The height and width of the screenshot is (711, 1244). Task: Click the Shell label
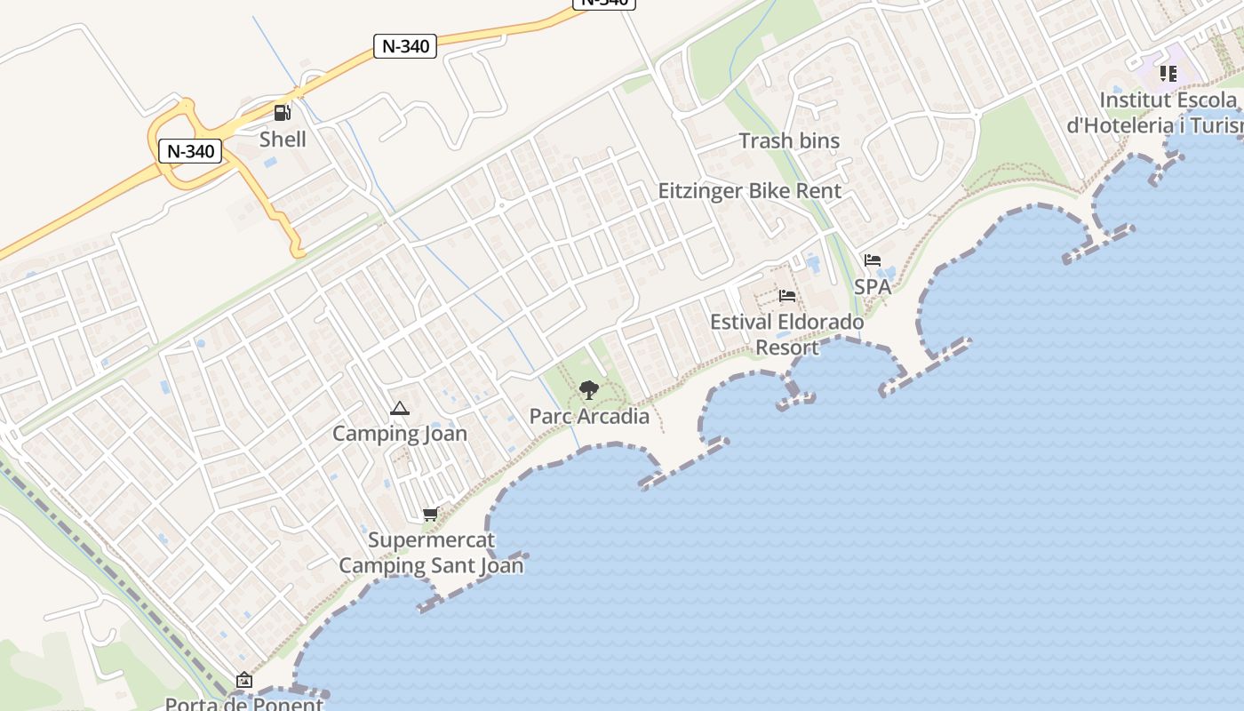pyautogui.click(x=283, y=140)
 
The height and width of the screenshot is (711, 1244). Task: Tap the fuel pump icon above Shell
pyautogui.click(x=283, y=112)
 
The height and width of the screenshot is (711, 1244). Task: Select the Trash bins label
pyautogui.click(x=789, y=140)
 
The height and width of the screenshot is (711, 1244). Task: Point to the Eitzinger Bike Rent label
pyautogui.click(x=749, y=190)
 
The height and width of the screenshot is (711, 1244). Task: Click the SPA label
pyautogui.click(x=873, y=286)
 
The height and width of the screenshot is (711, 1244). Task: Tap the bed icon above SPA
pyautogui.click(x=873, y=260)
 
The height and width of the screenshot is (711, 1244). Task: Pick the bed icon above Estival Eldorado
pyautogui.click(x=786, y=296)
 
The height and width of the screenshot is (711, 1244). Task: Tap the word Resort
pyautogui.click(x=787, y=347)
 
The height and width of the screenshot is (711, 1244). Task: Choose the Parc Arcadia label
pyautogui.click(x=589, y=416)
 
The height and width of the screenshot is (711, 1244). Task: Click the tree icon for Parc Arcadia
pyautogui.click(x=588, y=389)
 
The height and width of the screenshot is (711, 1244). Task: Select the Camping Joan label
pyautogui.click(x=400, y=434)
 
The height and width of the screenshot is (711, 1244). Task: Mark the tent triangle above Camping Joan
pyautogui.click(x=399, y=409)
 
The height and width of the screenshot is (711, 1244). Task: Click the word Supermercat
pyautogui.click(x=431, y=539)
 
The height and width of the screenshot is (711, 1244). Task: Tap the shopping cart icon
pyautogui.click(x=431, y=514)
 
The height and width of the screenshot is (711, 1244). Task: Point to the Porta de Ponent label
pyautogui.click(x=244, y=704)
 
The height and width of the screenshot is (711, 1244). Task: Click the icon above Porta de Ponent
pyautogui.click(x=243, y=681)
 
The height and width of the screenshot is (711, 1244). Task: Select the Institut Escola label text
pyautogui.click(x=1168, y=99)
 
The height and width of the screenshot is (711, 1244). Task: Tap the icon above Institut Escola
pyautogui.click(x=1168, y=74)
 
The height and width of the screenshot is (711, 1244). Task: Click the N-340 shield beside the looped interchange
pyautogui.click(x=190, y=151)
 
